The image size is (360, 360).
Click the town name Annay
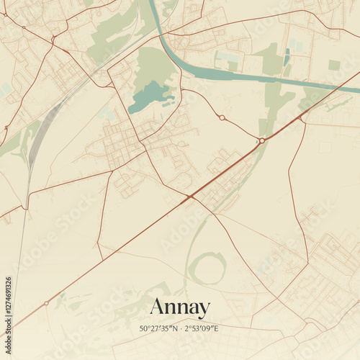pos(180,307)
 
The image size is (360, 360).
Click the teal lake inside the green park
pos(149,96)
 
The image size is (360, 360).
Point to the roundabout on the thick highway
pos(263,140)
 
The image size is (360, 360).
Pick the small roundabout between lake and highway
pos(222,117)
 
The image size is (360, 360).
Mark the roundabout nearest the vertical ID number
pos(47,303)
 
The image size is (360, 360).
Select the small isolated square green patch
pos(334,65)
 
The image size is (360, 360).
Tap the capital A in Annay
pos(156,307)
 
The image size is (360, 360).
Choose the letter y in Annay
pos(204,310)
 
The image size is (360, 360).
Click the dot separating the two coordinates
pos(180,329)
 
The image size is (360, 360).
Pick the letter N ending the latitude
pos(175,329)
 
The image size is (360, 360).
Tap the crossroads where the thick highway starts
pos(190,196)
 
